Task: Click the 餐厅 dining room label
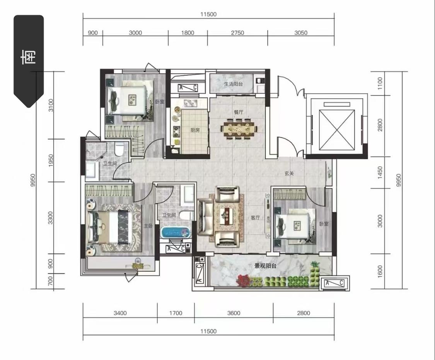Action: [x=239, y=112]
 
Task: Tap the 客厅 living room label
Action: [x=255, y=218]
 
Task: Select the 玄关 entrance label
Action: [x=289, y=173]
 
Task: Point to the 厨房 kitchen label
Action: [x=195, y=130]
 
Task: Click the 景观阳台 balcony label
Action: [x=266, y=266]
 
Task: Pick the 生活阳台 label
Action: [x=233, y=84]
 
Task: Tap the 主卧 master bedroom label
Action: [x=148, y=226]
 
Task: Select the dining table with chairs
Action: [x=239, y=129]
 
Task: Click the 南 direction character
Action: [x=29, y=57]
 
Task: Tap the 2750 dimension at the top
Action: [x=237, y=33]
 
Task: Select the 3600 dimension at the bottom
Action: [x=234, y=313]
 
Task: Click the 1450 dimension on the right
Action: [x=380, y=172]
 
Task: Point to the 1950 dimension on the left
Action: [x=51, y=160]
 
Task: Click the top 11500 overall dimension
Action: [x=208, y=14]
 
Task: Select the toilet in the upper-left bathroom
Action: [x=119, y=149]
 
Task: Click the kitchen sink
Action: [x=191, y=103]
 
